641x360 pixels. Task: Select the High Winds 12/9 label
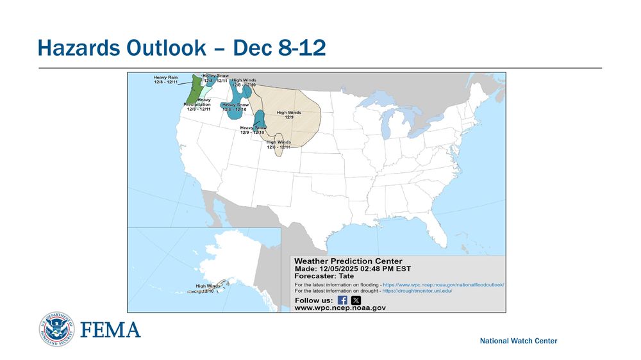point(288,115)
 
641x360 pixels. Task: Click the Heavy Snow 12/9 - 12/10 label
point(253,130)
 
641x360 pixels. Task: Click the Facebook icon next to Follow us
point(342,300)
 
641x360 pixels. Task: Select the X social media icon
point(356,300)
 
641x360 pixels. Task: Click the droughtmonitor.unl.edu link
point(418,291)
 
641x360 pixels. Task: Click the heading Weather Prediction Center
point(348,261)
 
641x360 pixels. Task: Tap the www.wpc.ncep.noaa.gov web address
point(340,308)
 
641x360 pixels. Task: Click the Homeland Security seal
point(56,329)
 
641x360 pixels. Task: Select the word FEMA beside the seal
point(110,330)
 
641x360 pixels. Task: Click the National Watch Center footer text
point(519,341)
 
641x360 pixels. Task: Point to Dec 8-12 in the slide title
point(279,47)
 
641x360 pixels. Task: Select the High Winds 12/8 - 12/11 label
point(278,144)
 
